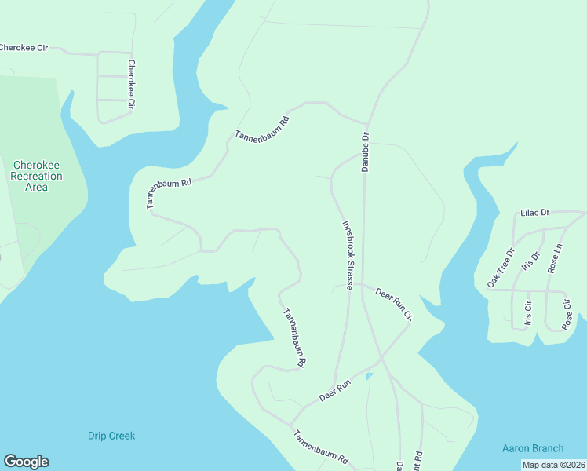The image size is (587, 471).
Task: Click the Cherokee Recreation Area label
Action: click(x=37, y=176)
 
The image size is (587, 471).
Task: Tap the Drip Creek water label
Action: click(x=111, y=436)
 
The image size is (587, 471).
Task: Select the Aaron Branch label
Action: click(x=533, y=448)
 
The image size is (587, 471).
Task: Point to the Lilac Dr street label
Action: click(x=534, y=212)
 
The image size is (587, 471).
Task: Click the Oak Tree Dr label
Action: click(x=500, y=268)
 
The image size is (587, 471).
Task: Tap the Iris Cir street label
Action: click(x=528, y=311)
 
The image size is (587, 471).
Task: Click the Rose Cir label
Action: click(x=567, y=313)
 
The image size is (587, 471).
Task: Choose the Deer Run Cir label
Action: click(x=393, y=304)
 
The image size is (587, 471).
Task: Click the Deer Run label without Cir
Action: click(x=334, y=388)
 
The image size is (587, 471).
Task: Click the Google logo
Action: click(x=26, y=462)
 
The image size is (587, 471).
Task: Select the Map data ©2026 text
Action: click(x=554, y=465)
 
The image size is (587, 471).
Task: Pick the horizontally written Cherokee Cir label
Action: click(x=24, y=48)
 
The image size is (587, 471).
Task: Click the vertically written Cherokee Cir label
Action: click(x=131, y=84)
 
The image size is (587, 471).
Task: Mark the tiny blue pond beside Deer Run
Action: click(x=368, y=376)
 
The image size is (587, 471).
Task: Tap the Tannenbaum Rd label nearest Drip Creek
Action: click(x=321, y=447)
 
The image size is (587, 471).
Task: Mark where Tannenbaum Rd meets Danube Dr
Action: click(x=366, y=123)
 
